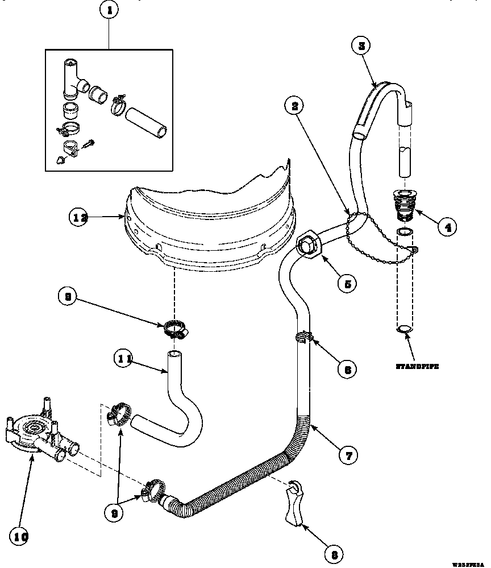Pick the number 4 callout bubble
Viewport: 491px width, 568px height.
[447, 228]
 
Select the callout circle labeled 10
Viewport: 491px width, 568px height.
[20, 536]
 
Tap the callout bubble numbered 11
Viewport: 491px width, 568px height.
[124, 359]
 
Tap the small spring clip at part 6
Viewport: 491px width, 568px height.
[304, 337]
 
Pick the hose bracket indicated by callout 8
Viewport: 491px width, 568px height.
[293, 503]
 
